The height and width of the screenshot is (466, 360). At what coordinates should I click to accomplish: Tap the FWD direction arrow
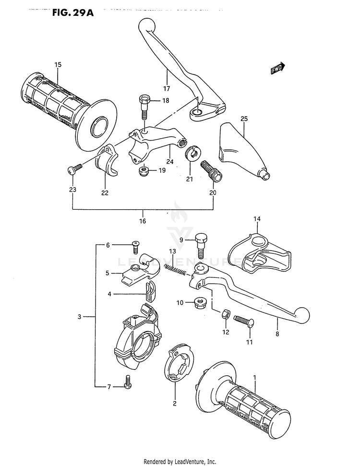[278, 70]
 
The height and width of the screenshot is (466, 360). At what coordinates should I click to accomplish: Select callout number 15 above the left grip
[58, 65]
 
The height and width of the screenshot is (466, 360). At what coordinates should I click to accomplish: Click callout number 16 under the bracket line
[143, 221]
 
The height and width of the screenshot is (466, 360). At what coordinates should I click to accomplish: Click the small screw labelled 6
[135, 247]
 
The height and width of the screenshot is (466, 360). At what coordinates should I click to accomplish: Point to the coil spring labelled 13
[175, 271]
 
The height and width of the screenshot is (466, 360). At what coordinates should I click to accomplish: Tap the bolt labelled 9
[201, 243]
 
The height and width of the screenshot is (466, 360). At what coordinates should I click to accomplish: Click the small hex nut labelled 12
[224, 315]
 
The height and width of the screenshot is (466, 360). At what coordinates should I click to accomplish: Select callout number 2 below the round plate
[175, 403]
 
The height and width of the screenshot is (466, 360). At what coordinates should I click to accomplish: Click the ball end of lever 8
[302, 314]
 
